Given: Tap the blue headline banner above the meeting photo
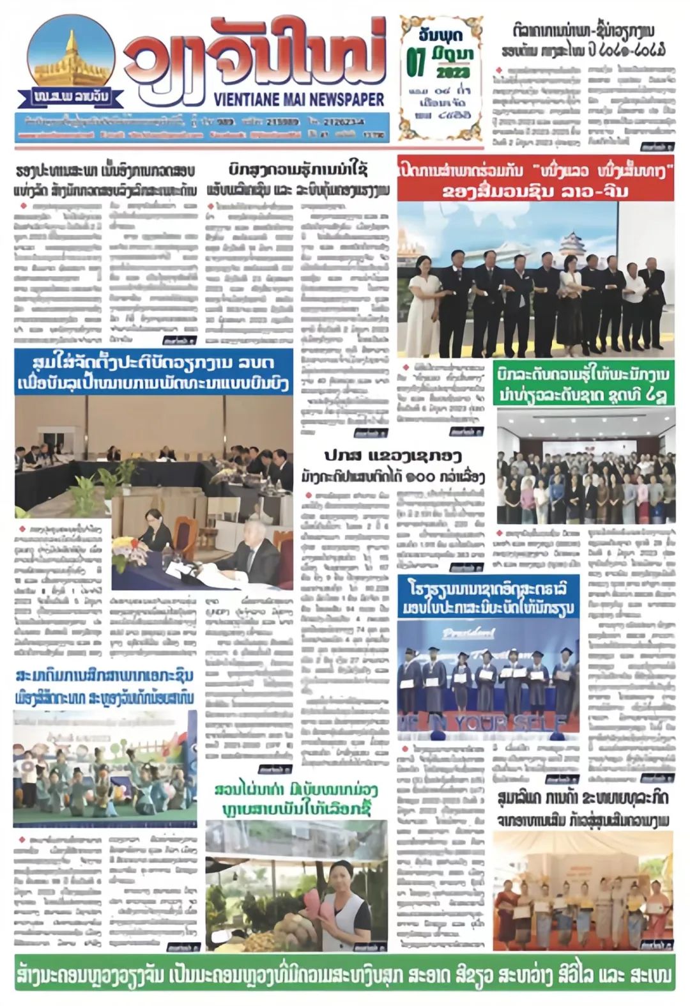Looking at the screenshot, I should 153,373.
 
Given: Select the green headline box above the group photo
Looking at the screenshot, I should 584,384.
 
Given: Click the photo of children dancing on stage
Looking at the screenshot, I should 105,768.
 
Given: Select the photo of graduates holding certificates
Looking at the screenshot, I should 488,677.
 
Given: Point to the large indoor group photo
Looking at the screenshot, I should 585,466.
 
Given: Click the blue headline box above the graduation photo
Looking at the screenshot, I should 488,597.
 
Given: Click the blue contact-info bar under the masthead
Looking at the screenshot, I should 202,127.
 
